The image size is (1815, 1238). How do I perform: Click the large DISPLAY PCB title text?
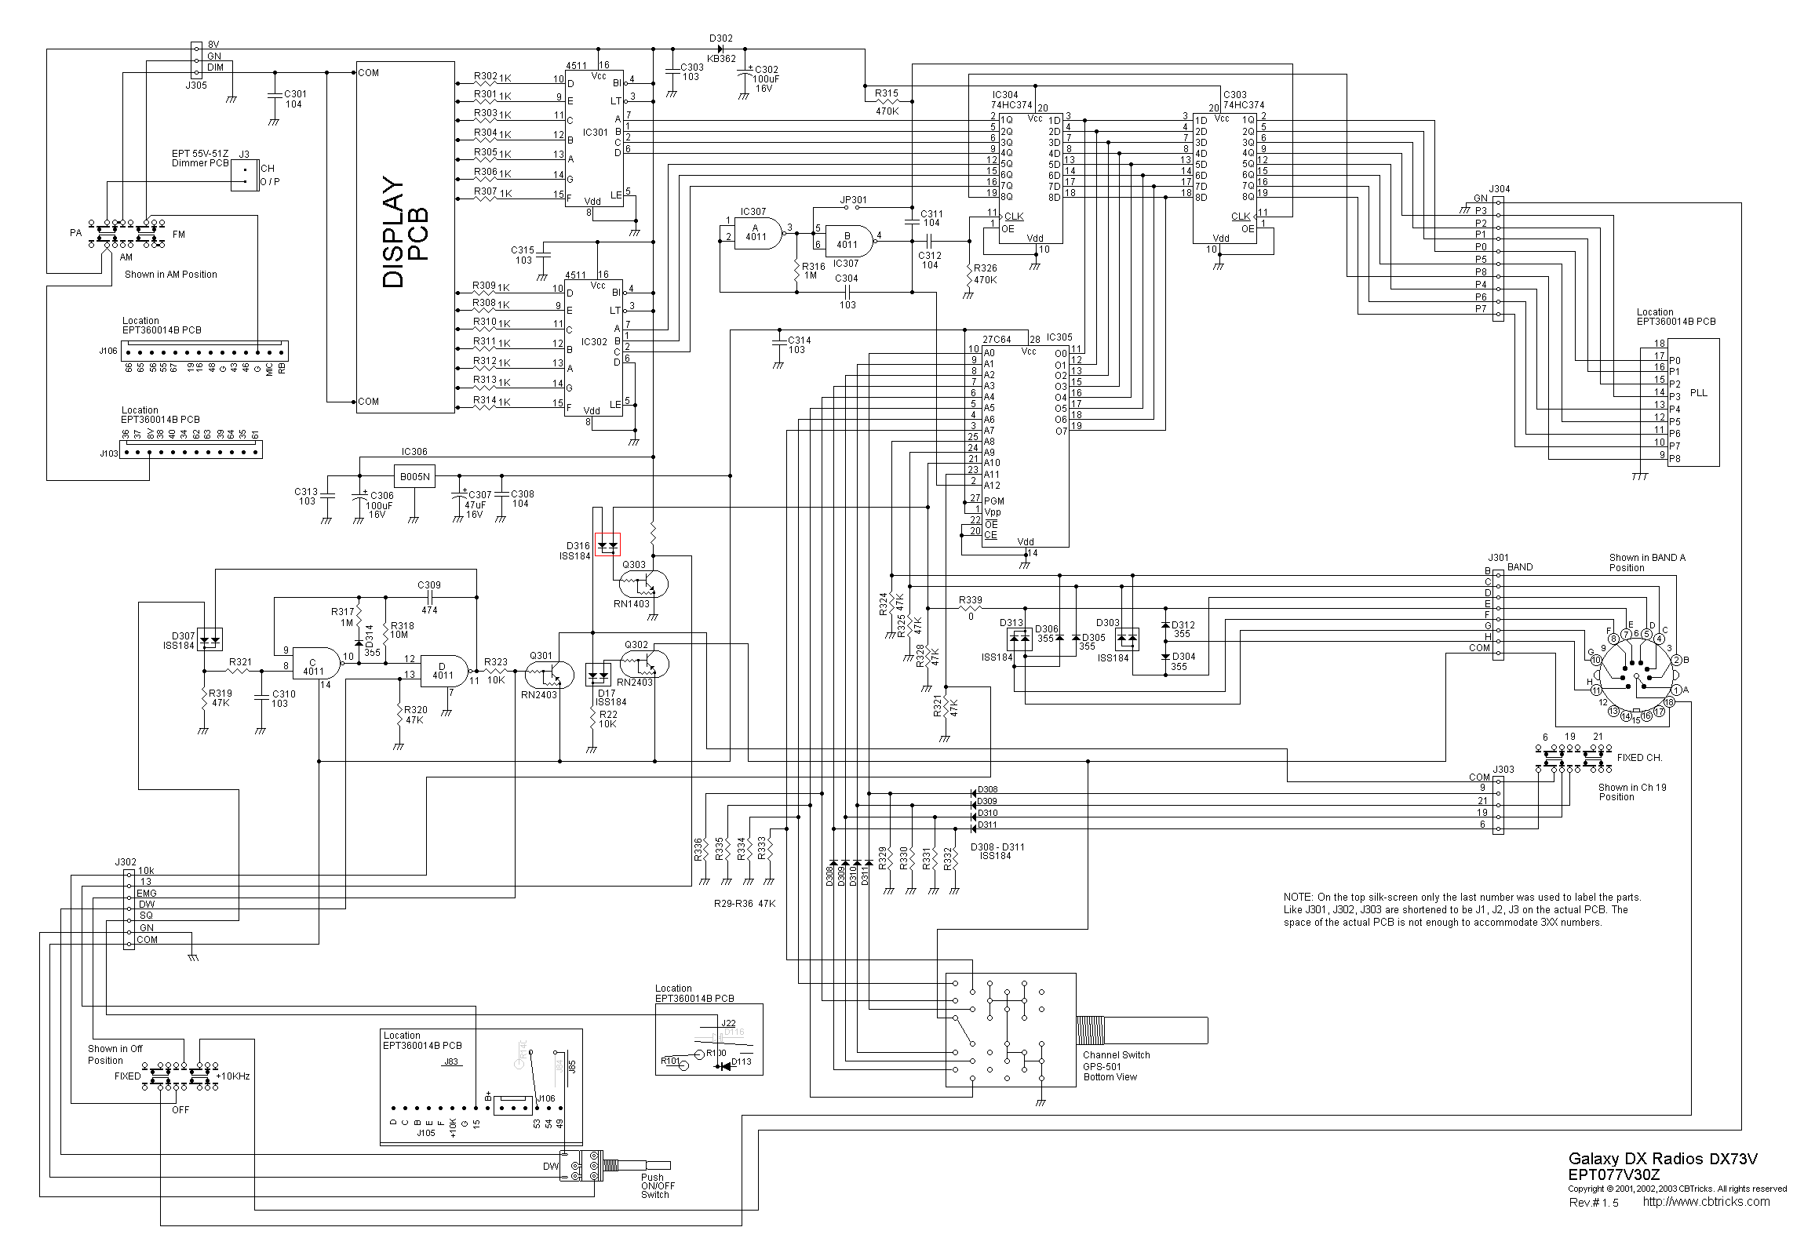(405, 232)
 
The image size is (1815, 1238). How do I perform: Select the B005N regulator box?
(414, 476)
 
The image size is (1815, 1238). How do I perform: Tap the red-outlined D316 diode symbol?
(607, 544)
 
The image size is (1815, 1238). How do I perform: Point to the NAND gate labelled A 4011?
(756, 233)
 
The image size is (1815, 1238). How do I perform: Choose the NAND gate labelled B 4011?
(847, 241)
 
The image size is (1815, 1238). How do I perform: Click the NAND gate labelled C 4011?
(315, 666)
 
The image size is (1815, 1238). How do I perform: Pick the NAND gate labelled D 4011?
(443, 671)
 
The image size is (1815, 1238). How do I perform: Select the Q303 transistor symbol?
(643, 584)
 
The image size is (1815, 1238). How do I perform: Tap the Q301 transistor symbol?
(550, 673)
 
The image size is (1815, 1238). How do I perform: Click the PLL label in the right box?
(1698, 393)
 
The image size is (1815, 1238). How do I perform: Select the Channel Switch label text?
(1116, 1055)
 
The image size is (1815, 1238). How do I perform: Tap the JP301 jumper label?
(854, 200)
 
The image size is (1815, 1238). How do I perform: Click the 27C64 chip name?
(997, 340)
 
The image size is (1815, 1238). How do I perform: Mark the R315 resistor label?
(886, 93)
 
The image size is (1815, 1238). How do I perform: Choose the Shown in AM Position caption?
(171, 275)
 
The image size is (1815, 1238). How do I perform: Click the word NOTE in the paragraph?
(1298, 898)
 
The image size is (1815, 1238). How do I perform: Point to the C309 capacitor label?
(428, 585)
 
